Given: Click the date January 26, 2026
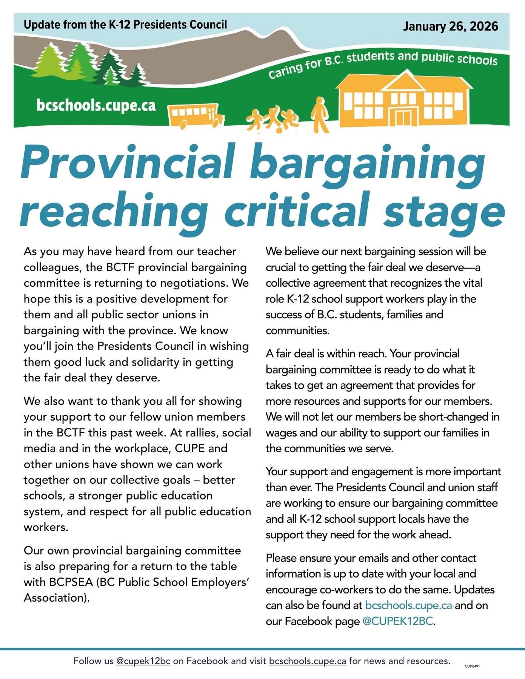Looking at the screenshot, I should pos(450,26).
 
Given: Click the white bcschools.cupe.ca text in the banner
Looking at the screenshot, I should pos(96,105).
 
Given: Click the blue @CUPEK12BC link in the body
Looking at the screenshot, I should pos(397,621).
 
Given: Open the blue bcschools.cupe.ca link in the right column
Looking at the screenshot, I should pos(408,605).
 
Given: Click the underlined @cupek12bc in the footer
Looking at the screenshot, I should pos(143,661).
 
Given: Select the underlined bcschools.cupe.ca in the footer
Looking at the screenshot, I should pos(307,661).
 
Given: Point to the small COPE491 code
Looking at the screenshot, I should pos(472,666).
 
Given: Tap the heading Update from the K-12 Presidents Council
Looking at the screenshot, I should pos(125,25).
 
